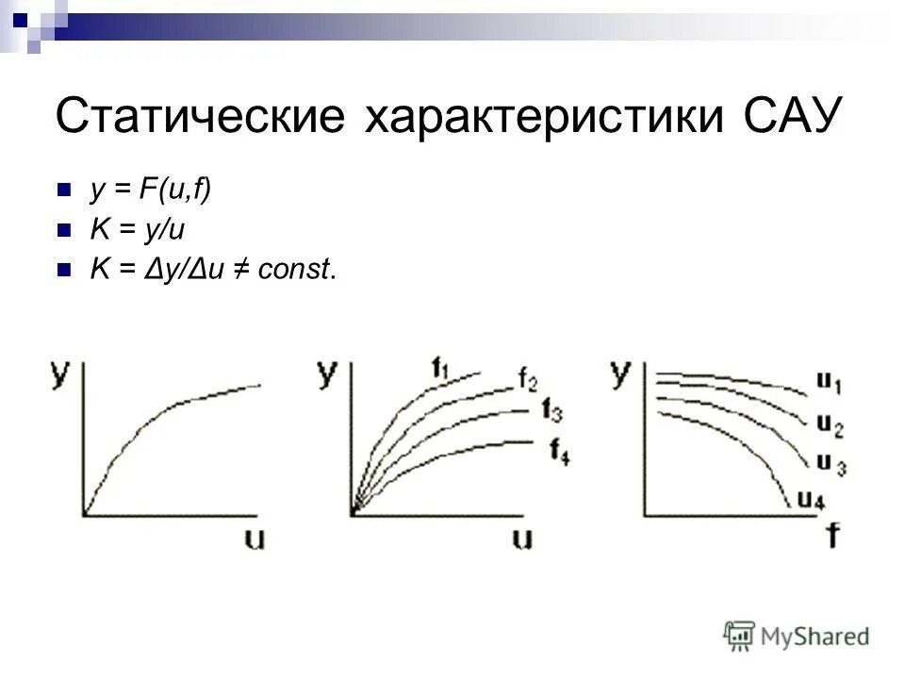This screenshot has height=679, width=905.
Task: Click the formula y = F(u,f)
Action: (x=151, y=190)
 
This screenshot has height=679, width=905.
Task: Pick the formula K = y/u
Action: (x=131, y=229)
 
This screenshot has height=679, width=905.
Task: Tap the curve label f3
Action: (x=552, y=410)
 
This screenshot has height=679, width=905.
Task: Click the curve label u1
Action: (x=829, y=384)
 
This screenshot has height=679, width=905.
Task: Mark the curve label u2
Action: (x=831, y=425)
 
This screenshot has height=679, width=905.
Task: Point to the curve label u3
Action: (x=831, y=463)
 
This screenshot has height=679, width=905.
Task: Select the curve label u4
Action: (x=812, y=500)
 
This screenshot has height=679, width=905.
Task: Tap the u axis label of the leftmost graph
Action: (x=255, y=538)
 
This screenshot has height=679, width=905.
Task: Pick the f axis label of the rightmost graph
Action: (x=832, y=537)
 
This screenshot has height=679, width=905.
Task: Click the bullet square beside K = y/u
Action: (x=64, y=229)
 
